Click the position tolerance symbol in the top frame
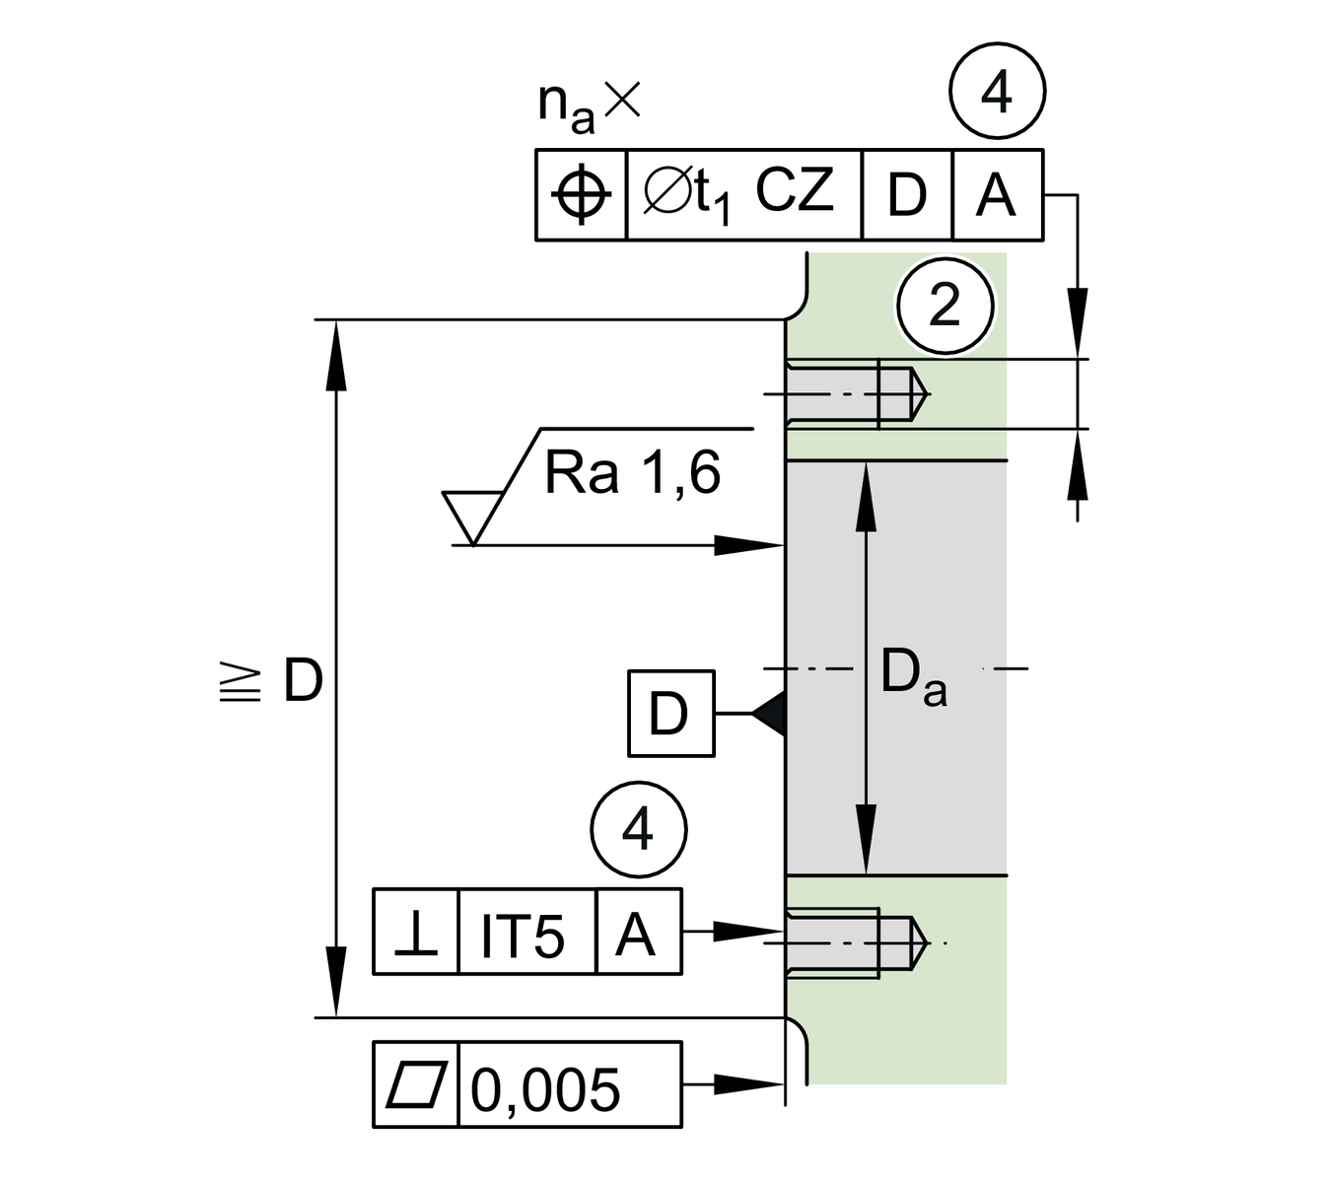(581, 194)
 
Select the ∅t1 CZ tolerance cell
(743, 194)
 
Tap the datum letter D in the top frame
(907, 194)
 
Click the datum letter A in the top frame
(996, 194)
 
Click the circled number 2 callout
(945, 306)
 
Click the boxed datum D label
(670, 714)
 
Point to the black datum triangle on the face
(770, 713)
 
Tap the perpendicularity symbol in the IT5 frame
(416, 933)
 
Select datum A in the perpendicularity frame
(636, 933)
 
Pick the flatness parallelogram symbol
(416, 1084)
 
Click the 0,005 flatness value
(545, 1087)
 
